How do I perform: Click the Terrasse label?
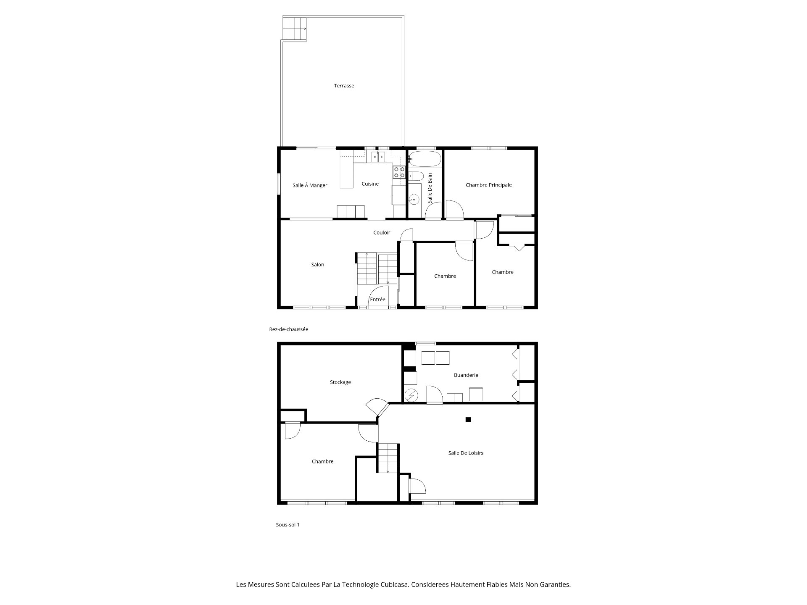[x=344, y=86]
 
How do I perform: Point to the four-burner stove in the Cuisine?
[x=399, y=172]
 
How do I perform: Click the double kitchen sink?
[x=378, y=157]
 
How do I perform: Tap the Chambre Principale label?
[x=488, y=185]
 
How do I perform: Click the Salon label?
[x=318, y=265]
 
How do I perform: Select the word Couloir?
[x=382, y=232]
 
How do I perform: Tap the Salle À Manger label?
[x=310, y=185]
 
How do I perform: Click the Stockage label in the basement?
[x=340, y=382]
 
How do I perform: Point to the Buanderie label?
[x=466, y=375]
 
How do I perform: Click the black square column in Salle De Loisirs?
[x=468, y=419]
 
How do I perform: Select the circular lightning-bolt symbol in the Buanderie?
[x=411, y=395]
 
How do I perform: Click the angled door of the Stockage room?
[x=377, y=407]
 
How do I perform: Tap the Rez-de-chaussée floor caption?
[x=289, y=329]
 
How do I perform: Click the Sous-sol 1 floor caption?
[x=287, y=525]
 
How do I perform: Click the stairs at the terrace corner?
[x=294, y=29]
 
